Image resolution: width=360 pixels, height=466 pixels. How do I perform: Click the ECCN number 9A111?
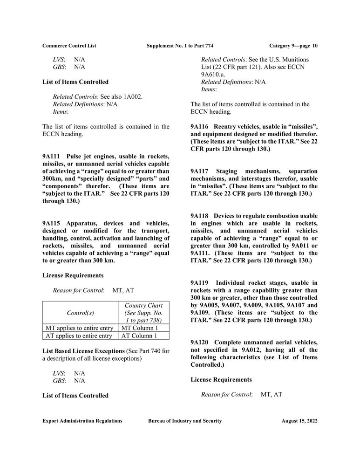[x=52, y=156]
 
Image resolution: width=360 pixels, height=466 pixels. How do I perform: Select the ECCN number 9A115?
[x=52, y=223]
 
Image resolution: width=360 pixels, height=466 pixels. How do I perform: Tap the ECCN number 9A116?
[x=200, y=127]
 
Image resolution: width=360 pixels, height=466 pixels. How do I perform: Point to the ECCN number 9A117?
[x=200, y=171]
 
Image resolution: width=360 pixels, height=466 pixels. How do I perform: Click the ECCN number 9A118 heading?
[x=200, y=216]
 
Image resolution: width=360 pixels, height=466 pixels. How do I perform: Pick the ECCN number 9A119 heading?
[x=200, y=283]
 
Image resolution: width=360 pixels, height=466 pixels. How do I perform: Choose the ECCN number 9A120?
[x=200, y=343]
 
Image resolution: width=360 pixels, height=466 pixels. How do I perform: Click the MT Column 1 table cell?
[x=139, y=328]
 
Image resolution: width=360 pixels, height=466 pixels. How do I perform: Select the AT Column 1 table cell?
[x=139, y=335]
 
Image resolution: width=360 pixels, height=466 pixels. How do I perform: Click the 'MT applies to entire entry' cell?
[x=78, y=328]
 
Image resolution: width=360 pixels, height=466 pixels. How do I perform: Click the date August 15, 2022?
[x=299, y=421]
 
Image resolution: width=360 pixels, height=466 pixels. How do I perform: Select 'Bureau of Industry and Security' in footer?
[x=185, y=421]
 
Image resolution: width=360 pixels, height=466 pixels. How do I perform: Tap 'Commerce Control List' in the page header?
[x=69, y=45]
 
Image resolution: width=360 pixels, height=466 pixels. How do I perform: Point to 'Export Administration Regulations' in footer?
[x=82, y=421]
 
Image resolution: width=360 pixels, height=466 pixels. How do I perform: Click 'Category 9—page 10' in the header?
[x=293, y=45]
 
